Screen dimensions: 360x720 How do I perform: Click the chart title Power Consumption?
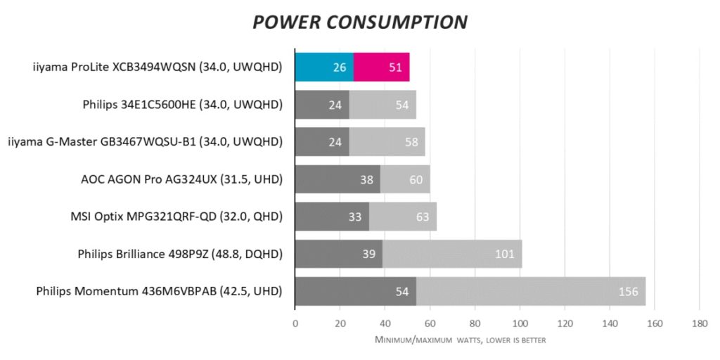pyautogui.click(x=359, y=21)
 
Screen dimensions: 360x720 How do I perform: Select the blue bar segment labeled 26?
pyautogui.click(x=324, y=67)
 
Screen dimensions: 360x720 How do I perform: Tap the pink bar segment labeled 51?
pyautogui.click(x=381, y=67)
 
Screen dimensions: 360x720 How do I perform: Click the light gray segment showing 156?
pyautogui.click(x=531, y=290)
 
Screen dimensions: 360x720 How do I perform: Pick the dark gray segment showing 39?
pyautogui.click(x=338, y=253)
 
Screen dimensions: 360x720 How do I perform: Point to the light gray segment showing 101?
pyautogui.click(x=451, y=253)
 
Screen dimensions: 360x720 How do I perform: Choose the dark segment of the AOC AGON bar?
pyautogui.click(x=337, y=179)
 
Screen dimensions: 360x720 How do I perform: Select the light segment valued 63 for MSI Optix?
pyautogui.click(x=403, y=216)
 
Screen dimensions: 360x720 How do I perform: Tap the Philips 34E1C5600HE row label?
pyautogui.click(x=182, y=105)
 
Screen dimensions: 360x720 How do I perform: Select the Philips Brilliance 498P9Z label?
pyautogui.click(x=180, y=254)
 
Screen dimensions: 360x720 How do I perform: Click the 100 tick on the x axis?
pyautogui.click(x=520, y=324)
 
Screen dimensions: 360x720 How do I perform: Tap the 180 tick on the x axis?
pyautogui.click(x=699, y=324)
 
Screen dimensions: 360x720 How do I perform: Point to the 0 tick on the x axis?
pyautogui.click(x=295, y=324)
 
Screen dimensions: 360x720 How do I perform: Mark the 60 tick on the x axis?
pyautogui.click(x=430, y=324)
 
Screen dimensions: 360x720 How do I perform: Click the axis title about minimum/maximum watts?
pyautogui.click(x=461, y=340)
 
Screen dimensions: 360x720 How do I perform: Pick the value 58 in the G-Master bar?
pyautogui.click(x=412, y=142)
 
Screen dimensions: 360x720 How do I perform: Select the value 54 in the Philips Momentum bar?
pyautogui.click(x=403, y=291)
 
